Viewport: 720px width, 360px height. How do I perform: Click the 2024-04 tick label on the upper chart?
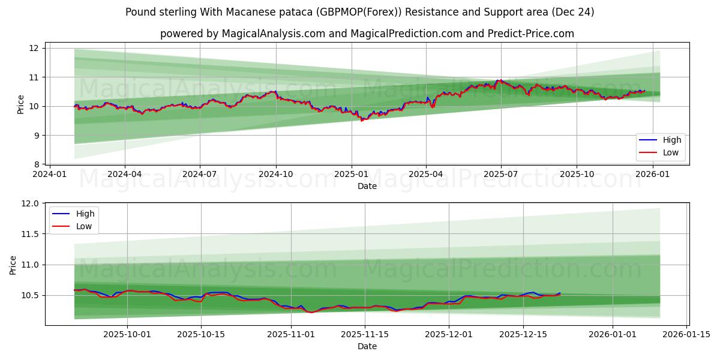[x=125, y=175]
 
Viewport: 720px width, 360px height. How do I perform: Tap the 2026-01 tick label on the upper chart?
[x=652, y=175]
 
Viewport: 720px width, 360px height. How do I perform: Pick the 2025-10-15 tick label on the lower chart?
[x=201, y=335]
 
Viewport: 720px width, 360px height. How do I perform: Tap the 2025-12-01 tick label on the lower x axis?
[x=448, y=335]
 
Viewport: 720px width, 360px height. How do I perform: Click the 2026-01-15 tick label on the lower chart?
[x=686, y=335]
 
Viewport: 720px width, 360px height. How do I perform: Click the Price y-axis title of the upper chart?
[x=21, y=104]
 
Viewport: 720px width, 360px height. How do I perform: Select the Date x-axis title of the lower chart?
[x=367, y=346]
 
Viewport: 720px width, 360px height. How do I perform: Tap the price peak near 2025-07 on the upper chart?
[x=497, y=80]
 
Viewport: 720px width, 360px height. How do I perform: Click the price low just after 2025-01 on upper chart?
[x=361, y=120]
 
